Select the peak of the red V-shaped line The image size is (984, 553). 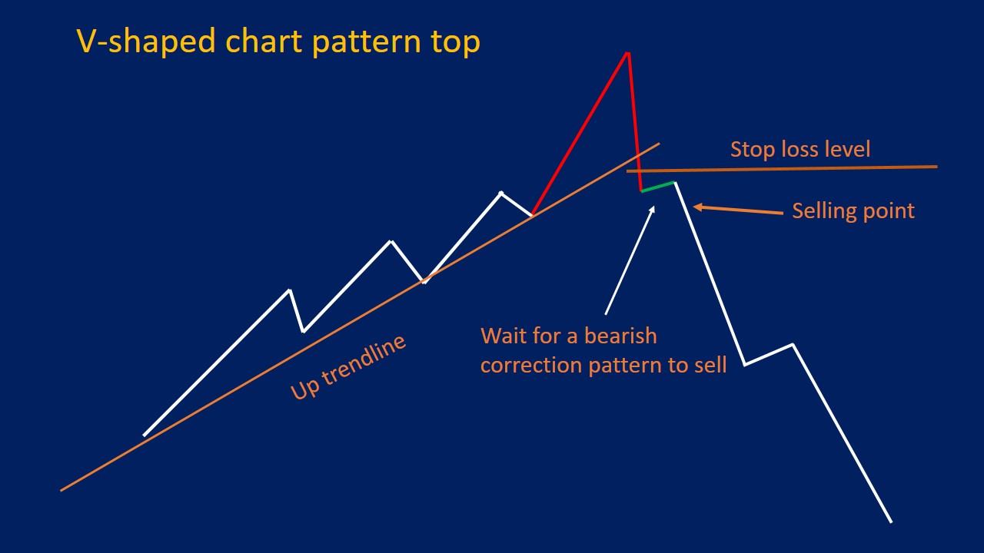(628, 53)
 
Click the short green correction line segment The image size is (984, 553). (658, 186)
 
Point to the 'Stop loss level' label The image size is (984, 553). (799, 148)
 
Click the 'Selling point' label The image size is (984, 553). (853, 210)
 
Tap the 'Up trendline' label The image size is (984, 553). (348, 368)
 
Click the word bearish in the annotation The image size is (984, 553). (620, 336)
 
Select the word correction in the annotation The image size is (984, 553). (531, 365)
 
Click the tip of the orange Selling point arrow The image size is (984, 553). (695, 206)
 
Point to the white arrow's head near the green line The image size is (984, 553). (653, 207)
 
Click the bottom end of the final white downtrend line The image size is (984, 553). (891, 522)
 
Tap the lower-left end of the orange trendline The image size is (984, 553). (61, 490)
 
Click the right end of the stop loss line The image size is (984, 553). (937, 166)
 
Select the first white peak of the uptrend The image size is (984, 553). (290, 290)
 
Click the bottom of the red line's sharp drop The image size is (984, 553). (640, 190)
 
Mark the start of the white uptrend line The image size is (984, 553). (144, 435)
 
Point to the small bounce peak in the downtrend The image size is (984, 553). (793, 344)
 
